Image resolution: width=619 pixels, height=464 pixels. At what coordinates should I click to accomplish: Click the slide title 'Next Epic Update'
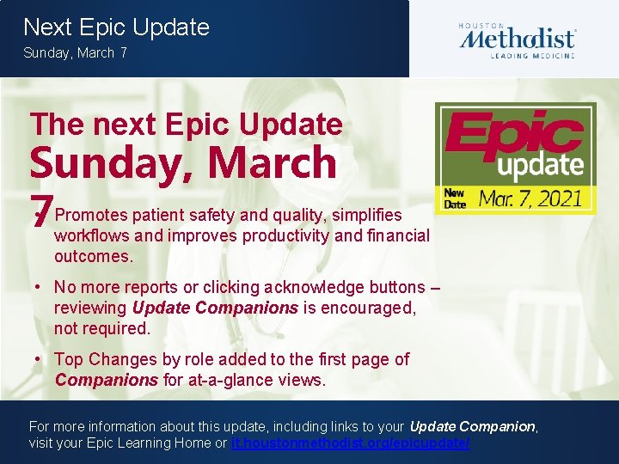click(117, 27)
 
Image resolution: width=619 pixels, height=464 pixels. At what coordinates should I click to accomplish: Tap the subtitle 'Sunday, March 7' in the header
click(76, 53)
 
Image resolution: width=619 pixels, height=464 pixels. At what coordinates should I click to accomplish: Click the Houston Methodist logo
click(517, 40)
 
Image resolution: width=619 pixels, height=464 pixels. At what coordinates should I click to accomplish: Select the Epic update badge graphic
click(515, 158)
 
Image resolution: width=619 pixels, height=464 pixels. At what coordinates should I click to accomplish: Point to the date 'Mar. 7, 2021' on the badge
click(530, 198)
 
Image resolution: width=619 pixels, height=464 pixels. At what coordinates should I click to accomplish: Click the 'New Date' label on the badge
click(454, 199)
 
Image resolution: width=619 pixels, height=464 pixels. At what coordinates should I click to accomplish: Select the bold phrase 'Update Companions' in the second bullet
click(215, 308)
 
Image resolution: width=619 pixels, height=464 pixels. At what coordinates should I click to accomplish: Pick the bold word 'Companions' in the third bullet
click(107, 380)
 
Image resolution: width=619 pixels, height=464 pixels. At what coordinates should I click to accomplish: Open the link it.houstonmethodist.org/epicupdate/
click(351, 443)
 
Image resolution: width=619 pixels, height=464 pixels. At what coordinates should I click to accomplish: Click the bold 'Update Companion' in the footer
click(473, 426)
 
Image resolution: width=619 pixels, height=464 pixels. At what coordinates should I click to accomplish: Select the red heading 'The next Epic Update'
click(187, 125)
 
